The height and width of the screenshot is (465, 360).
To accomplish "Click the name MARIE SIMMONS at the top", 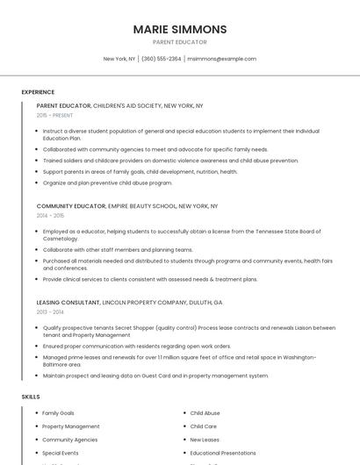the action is tap(179, 29).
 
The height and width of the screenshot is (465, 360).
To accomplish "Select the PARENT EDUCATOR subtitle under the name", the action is tap(179, 42).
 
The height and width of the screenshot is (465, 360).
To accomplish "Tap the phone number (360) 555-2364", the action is tap(161, 59).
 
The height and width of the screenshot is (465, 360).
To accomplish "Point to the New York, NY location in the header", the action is tap(119, 59).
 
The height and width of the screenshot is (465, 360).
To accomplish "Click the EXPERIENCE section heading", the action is tap(38, 92).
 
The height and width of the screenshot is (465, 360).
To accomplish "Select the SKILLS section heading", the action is tap(31, 397).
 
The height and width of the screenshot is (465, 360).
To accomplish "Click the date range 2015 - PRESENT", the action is tap(54, 115).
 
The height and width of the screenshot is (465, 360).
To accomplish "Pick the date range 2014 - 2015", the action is tap(50, 215).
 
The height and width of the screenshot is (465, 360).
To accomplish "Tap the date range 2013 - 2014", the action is tap(50, 311).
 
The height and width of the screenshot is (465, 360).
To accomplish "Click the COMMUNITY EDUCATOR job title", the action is tap(71, 206).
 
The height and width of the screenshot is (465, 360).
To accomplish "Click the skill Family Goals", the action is tap(58, 412).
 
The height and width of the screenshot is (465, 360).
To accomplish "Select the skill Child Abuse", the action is tap(205, 412).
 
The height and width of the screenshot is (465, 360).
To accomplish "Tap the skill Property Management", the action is tap(70, 426).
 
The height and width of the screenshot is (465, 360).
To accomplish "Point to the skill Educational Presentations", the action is tap(224, 453).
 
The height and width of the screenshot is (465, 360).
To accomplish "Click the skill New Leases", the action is tap(205, 440).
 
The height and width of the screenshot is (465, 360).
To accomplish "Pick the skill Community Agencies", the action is tap(69, 440).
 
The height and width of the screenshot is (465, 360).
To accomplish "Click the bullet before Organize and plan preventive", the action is tap(37, 182).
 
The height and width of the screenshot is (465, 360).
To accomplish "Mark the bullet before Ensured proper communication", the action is tap(37, 346).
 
